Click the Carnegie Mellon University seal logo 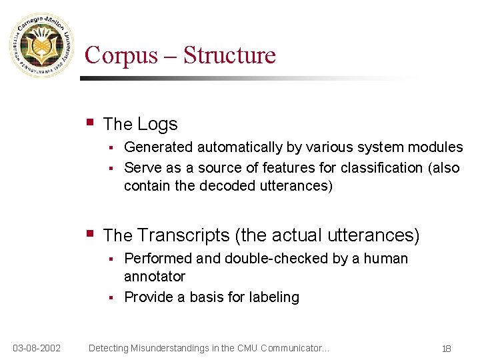click(x=41, y=45)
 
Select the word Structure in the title click(x=229, y=55)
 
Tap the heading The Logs click(x=141, y=124)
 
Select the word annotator click(x=155, y=276)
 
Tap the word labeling click(x=273, y=297)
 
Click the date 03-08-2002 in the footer click(x=37, y=348)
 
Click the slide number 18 click(x=446, y=349)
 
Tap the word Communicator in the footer click(x=294, y=348)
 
